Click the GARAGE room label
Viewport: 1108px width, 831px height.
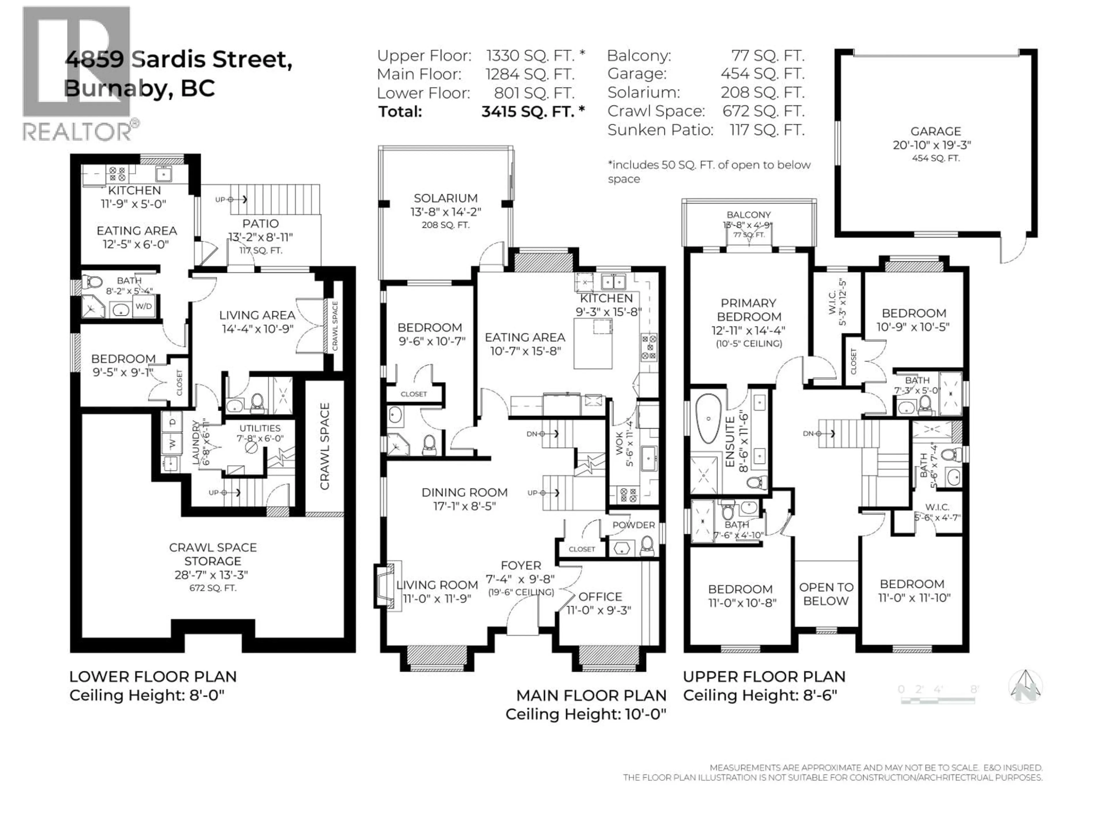click(x=935, y=131)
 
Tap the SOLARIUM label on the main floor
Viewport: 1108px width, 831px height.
click(x=445, y=198)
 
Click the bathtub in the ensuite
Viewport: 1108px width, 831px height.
click(x=707, y=419)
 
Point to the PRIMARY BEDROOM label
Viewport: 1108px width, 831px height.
click(x=748, y=310)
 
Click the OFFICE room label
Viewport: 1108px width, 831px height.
click(x=600, y=597)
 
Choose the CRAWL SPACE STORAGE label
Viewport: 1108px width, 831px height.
click(x=213, y=554)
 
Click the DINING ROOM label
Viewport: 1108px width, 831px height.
click(x=464, y=492)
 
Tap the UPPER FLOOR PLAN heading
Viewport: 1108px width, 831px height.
click(x=764, y=677)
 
